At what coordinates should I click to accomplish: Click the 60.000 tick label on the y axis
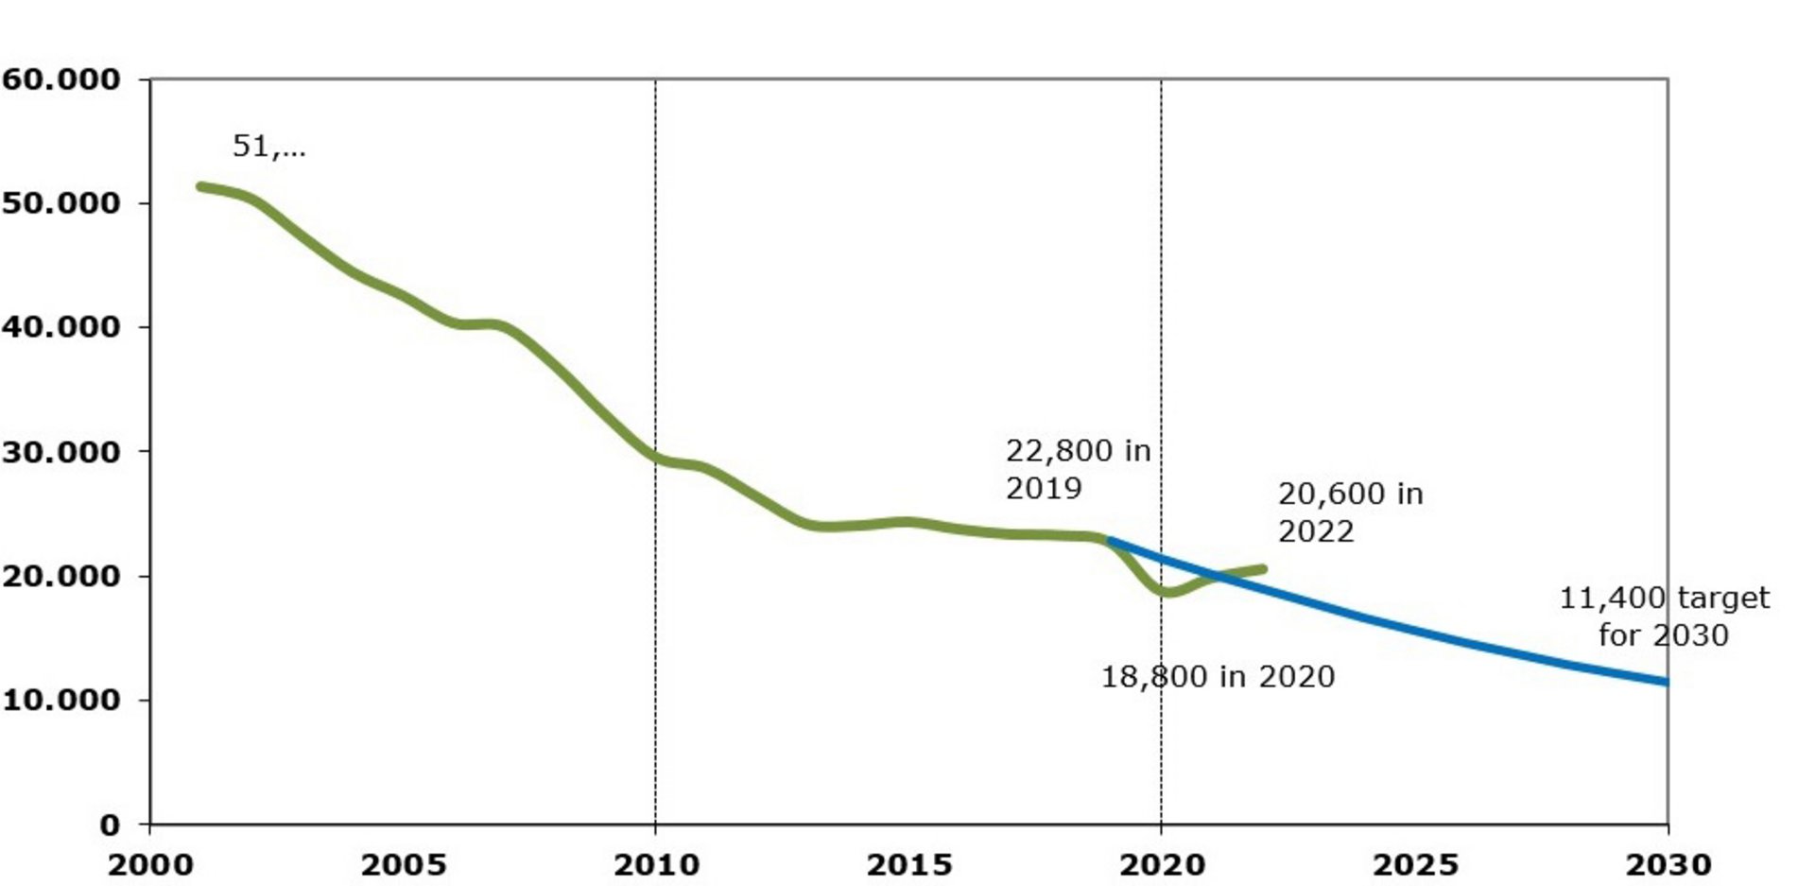[x=61, y=79]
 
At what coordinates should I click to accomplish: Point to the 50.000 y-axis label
[x=61, y=203]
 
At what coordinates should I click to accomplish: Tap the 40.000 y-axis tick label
[x=61, y=327]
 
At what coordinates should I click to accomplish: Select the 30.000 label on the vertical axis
[x=61, y=452]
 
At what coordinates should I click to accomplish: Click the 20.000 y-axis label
[x=61, y=576]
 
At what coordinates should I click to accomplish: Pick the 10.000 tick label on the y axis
[x=61, y=700]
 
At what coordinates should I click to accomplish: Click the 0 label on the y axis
[x=111, y=825]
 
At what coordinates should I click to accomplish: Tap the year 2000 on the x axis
[x=150, y=864]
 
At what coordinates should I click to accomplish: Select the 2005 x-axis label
[x=404, y=864]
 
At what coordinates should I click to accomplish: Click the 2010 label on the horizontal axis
[x=656, y=864]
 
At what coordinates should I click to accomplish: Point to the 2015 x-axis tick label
[x=909, y=864]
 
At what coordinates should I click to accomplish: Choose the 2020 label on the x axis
[x=1162, y=864]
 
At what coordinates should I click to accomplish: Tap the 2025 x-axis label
[x=1415, y=864]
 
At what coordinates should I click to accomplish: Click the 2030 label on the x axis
[x=1668, y=864]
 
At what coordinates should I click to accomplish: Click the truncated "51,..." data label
[x=269, y=147]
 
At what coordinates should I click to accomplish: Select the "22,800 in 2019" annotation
[x=1078, y=469]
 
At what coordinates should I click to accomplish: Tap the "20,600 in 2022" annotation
[x=1350, y=512]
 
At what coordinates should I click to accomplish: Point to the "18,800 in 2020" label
[x=1218, y=677]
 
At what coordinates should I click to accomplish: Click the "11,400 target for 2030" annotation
[x=1664, y=616]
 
